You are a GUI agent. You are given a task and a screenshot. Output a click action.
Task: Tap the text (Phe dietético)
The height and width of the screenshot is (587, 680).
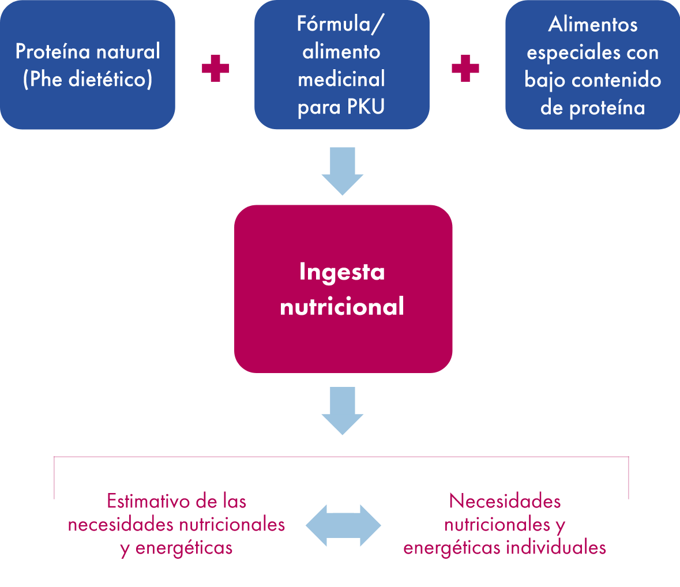tap(88, 80)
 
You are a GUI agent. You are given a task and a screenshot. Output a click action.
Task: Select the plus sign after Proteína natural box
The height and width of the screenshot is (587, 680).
tap(216, 69)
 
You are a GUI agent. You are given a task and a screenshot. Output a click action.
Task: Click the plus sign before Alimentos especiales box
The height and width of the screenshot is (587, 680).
tap(465, 69)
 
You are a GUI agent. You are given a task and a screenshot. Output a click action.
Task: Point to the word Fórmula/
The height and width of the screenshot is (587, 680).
tap(341, 24)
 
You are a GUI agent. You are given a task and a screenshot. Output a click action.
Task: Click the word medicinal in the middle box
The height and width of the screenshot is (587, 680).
tap(341, 79)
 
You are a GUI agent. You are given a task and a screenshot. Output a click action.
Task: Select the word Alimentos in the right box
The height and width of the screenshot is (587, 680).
tap(593, 24)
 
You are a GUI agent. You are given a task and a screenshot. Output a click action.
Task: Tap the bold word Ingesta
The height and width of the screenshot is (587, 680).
tap(342, 272)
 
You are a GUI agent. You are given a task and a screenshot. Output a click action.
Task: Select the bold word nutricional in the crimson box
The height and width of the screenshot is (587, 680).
tap(342, 306)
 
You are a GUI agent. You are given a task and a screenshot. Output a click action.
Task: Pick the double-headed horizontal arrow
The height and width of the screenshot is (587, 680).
tap(343, 525)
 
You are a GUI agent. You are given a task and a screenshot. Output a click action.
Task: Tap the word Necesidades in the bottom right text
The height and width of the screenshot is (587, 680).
tap(505, 501)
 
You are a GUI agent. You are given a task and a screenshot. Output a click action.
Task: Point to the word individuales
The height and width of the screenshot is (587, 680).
tap(555, 547)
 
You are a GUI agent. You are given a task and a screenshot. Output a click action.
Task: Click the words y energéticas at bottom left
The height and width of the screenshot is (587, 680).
tap(176, 548)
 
